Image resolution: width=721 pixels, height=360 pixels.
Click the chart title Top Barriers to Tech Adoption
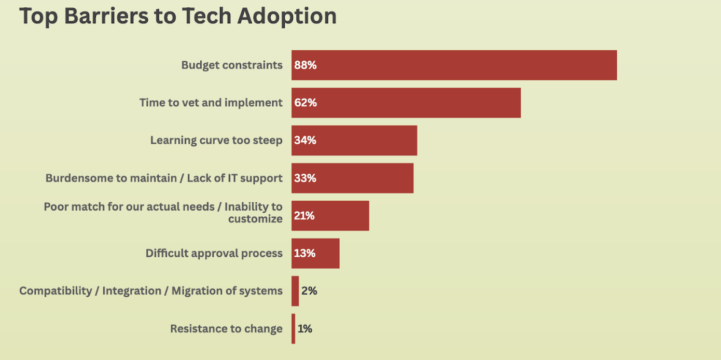[x=178, y=16]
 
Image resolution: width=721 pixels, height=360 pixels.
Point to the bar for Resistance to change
[x=293, y=328]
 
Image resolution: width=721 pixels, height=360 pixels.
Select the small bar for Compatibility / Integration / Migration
[x=295, y=291]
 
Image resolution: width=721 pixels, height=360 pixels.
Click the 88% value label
[x=305, y=65]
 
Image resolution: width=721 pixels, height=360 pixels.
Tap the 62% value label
[x=305, y=103]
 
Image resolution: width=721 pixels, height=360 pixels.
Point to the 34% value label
[x=305, y=141]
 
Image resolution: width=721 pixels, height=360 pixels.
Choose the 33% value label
[x=305, y=178]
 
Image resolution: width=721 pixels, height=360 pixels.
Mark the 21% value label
[x=304, y=216]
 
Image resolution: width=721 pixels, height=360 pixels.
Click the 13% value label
[x=304, y=254]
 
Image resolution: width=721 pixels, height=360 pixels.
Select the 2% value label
[x=309, y=291]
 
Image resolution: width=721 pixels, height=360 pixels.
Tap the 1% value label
[x=305, y=329]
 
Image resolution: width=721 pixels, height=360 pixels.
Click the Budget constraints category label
[x=232, y=65]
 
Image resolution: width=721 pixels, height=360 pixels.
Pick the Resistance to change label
[x=226, y=329]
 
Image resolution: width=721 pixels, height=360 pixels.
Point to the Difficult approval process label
[x=214, y=254]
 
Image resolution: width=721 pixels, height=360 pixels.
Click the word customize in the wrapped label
[x=255, y=219]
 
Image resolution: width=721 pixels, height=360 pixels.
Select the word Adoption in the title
[x=287, y=16]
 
